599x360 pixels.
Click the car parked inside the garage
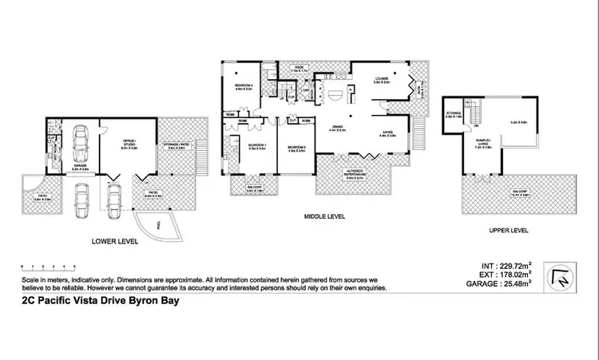[81, 143]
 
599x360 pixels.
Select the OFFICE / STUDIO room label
[123, 144]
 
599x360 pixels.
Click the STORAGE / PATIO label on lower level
[177, 146]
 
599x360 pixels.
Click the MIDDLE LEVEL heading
[324, 216]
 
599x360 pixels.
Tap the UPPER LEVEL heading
[509, 230]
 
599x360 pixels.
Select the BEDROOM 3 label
[244, 86]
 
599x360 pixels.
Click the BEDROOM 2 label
[296, 148]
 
